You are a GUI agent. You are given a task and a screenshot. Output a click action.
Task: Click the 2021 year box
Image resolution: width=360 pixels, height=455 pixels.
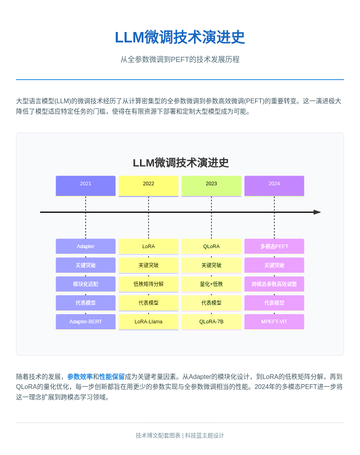(86, 186)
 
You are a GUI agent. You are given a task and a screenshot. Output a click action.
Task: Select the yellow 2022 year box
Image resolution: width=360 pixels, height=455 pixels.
(148, 186)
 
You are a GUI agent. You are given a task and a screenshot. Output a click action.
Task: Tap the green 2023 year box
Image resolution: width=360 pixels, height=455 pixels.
(211, 186)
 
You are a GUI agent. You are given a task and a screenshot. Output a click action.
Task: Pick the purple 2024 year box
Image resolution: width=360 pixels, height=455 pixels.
(274, 186)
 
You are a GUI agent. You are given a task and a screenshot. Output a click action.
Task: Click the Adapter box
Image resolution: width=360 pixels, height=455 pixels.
(86, 246)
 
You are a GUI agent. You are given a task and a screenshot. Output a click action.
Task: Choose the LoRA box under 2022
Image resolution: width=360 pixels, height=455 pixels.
(148, 246)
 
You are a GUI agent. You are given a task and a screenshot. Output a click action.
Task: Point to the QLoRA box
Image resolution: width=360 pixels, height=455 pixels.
(211, 246)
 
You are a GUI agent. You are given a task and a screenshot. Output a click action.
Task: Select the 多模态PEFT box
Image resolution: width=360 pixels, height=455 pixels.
(274, 246)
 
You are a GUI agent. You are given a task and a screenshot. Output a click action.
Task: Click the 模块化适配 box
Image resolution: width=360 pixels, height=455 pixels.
(86, 284)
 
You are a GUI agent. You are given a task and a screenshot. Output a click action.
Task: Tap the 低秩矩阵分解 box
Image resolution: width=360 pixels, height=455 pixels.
(148, 284)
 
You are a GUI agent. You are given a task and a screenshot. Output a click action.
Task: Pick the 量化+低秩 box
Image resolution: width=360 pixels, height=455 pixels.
(211, 284)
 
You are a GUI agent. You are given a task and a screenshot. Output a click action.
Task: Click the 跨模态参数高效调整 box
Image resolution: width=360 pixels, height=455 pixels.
(274, 284)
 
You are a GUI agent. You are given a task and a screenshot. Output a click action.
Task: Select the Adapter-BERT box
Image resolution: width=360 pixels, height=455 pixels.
(86, 321)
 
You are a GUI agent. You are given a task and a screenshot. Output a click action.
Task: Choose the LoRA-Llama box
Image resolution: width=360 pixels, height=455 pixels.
(148, 321)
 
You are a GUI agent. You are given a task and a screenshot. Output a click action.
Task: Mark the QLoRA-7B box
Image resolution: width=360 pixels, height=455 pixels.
(211, 321)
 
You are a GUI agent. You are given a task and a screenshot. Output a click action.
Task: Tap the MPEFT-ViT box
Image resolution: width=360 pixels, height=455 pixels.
(274, 321)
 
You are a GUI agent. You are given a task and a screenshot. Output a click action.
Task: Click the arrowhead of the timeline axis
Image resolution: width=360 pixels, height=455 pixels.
(317, 212)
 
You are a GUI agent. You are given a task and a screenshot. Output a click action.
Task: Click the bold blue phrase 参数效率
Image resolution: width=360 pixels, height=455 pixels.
(80, 377)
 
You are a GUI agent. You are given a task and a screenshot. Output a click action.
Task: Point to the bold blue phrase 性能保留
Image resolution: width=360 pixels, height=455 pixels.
(112, 377)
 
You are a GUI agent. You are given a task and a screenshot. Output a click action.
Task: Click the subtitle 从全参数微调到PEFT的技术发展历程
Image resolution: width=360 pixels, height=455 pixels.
(180, 59)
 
